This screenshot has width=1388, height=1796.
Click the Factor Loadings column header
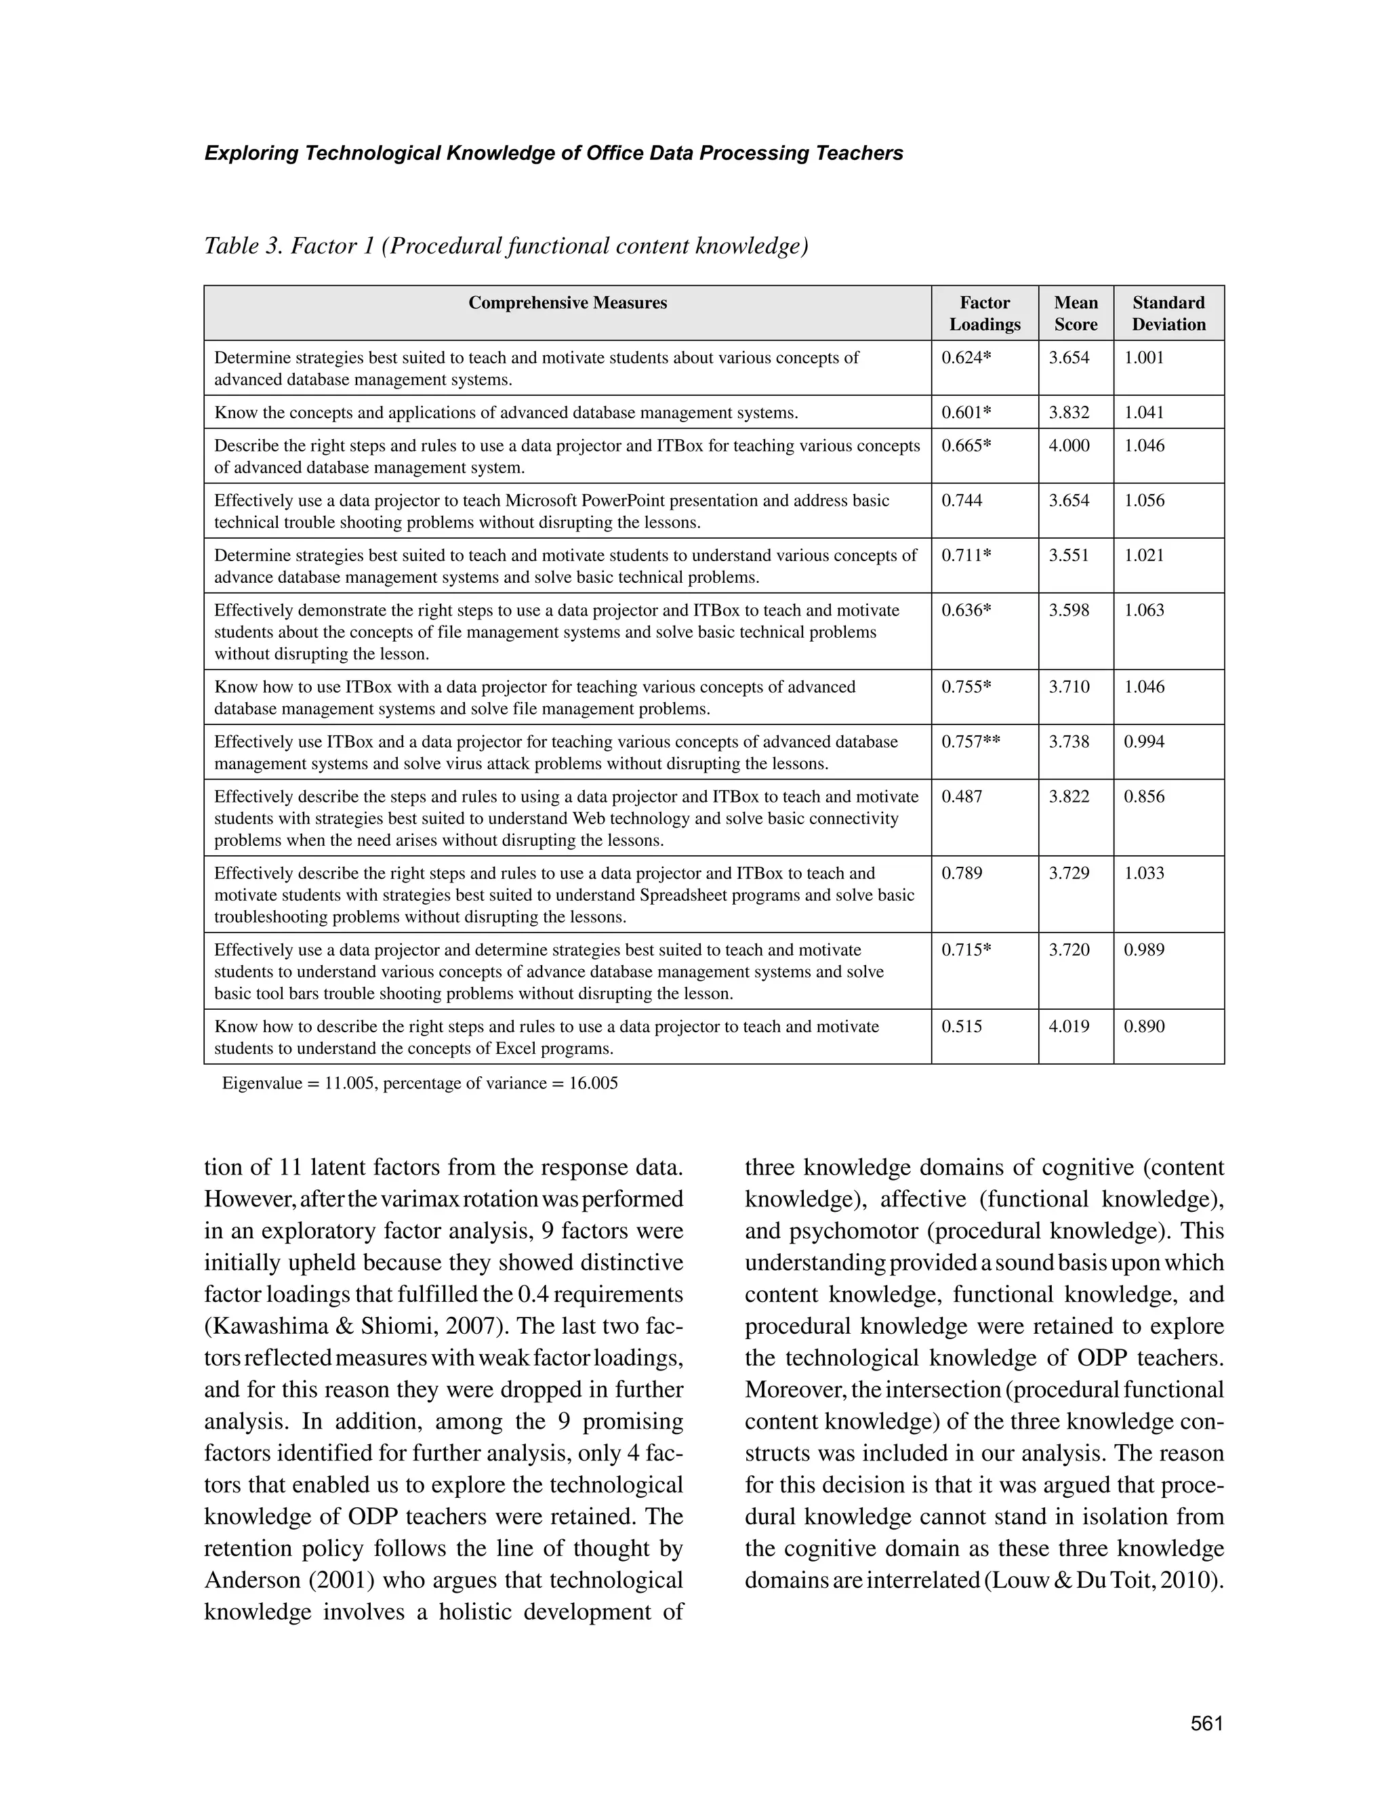coord(984,313)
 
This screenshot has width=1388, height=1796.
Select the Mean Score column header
coord(1076,313)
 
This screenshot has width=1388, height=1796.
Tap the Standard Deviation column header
coord(1168,313)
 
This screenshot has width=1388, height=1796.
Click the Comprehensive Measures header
coord(567,303)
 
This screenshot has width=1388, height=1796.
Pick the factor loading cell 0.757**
coord(971,741)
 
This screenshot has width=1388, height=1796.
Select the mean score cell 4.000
coord(1069,446)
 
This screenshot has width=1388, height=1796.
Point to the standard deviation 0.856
coord(1144,796)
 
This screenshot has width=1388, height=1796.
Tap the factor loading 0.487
coord(961,796)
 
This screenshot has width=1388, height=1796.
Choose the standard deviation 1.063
coord(1144,610)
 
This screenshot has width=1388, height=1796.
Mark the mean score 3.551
coord(1068,555)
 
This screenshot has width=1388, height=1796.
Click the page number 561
coord(1206,1723)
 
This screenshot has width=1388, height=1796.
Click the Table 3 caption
coord(506,246)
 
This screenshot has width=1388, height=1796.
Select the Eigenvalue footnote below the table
coord(420,1083)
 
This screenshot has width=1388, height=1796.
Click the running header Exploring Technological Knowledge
coord(554,153)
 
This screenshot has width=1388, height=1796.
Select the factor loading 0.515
coord(961,1026)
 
